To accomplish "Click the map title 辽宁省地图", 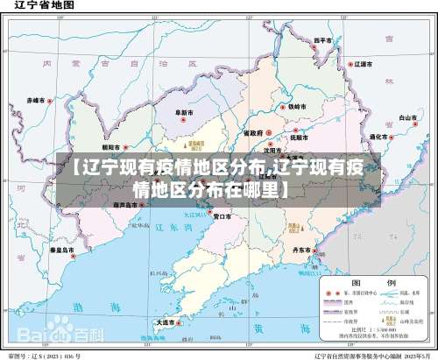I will (x=40, y=8).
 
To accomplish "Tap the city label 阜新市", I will (x=185, y=113).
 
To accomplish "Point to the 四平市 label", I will (x=324, y=40).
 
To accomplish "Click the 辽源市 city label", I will (x=363, y=65).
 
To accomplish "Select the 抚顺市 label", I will (x=298, y=138).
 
